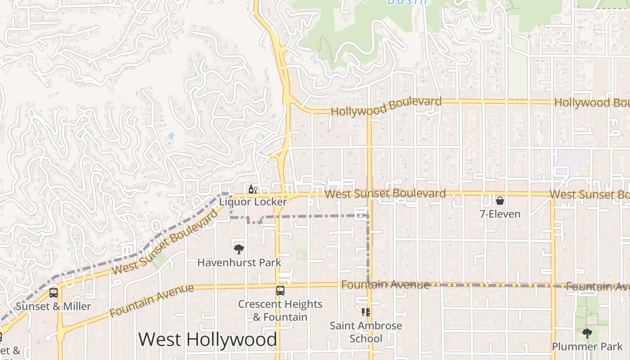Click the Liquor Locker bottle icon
click(x=252, y=189)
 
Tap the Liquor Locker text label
click(x=253, y=202)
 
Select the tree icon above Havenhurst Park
click(x=239, y=249)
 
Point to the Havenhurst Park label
click(x=239, y=262)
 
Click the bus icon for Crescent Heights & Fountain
click(x=280, y=291)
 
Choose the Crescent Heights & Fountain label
click(x=280, y=310)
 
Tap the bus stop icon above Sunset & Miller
click(x=54, y=293)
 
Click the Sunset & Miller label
click(x=54, y=306)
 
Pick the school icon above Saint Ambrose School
click(x=365, y=312)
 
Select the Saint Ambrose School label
click(x=366, y=332)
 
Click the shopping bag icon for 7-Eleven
click(x=499, y=201)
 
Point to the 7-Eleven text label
click(x=500, y=214)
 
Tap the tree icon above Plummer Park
click(x=587, y=333)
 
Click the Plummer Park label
click(x=587, y=347)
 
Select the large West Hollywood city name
click(x=207, y=339)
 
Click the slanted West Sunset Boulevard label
click(x=165, y=243)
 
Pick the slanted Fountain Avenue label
click(x=151, y=300)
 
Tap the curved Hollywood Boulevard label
click(x=386, y=106)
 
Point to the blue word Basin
click(x=407, y=2)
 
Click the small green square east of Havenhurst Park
click(x=301, y=255)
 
